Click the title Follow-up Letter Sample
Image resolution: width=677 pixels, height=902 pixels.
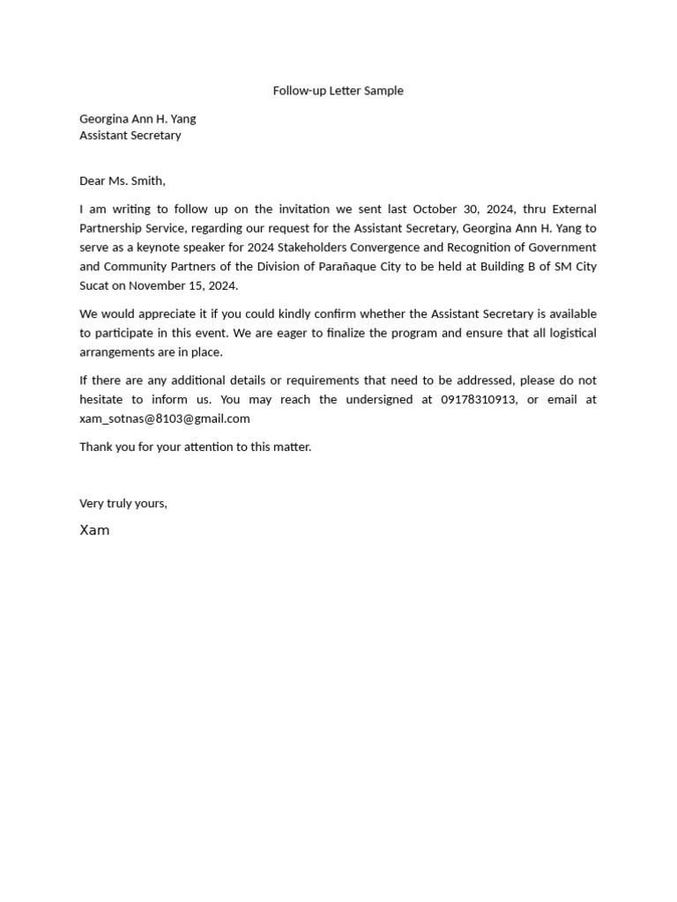coord(338,91)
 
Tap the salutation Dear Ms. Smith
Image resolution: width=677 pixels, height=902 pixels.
coord(123,181)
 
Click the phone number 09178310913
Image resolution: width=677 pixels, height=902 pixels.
coord(478,400)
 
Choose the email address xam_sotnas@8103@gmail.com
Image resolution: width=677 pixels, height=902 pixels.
coord(165,419)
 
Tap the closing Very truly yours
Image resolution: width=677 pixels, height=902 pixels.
coord(123,504)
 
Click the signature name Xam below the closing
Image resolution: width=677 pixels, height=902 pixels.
coord(94,530)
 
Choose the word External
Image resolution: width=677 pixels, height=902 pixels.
coord(574,210)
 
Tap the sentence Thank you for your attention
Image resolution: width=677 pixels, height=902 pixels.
coord(196,447)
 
